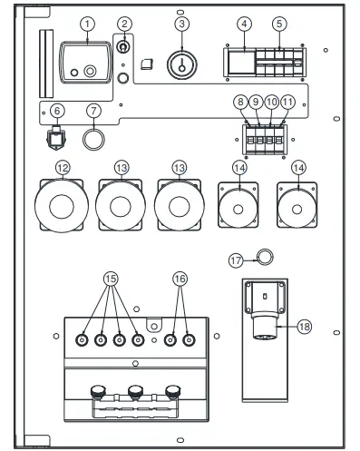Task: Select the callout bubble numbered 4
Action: pos(243,24)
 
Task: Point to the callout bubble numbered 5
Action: pos(279,24)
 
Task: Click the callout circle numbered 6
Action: pos(57,111)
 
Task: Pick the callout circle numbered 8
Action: pos(240,103)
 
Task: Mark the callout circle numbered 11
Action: pos(287,103)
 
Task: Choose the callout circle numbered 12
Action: pos(63,168)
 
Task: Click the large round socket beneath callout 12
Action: pos(63,206)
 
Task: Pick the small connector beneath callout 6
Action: pos(57,142)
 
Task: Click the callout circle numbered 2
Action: pos(125,24)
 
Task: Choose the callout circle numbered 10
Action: pos(272,103)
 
